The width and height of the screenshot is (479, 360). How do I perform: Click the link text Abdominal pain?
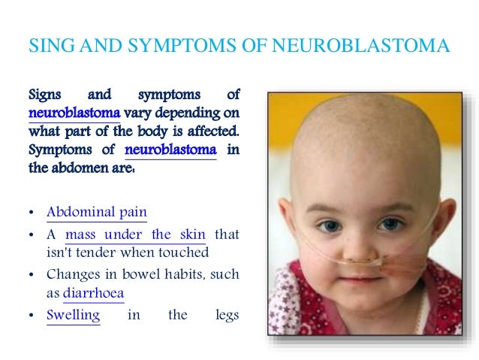97,212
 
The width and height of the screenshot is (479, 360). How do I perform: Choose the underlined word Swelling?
73,315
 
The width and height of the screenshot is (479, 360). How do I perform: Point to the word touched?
185,253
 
